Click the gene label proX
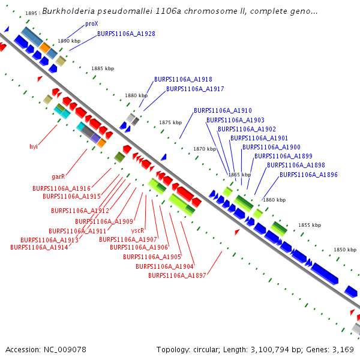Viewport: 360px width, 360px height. point(91,24)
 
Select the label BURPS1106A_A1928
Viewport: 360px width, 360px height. point(126,34)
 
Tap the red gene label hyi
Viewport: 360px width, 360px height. point(34,146)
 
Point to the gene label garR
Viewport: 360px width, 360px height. point(58,177)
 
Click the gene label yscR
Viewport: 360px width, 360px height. point(137,230)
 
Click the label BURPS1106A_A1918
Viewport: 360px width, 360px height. point(183,79)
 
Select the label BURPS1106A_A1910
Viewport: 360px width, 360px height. point(223,110)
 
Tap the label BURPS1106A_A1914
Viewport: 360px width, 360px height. point(39,247)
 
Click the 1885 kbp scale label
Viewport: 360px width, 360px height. point(103,69)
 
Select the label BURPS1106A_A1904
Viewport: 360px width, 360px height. point(164,266)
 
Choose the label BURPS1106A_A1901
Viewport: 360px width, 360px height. point(259,138)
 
